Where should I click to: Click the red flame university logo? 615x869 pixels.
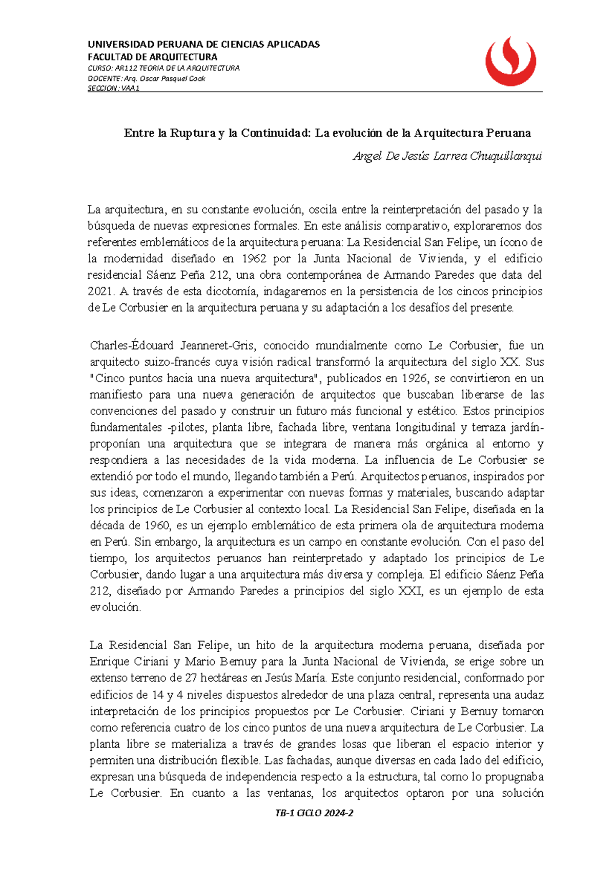[510, 61]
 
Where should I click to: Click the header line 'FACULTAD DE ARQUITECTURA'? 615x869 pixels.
[152, 57]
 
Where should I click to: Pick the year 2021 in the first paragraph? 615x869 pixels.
[101, 292]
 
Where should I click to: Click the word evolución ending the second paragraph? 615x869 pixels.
[115, 607]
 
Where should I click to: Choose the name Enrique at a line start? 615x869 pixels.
[109, 661]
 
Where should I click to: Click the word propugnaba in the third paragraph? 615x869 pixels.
[514, 777]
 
